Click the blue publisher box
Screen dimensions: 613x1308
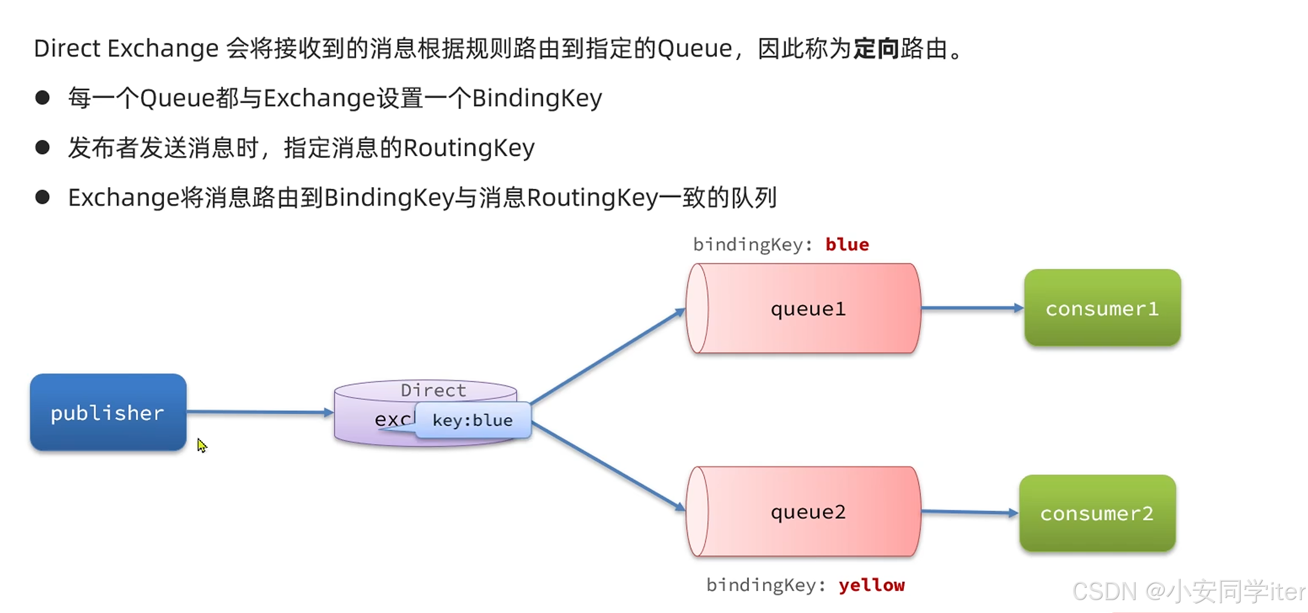pyautogui.click(x=108, y=412)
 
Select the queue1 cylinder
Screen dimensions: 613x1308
pyautogui.click(x=803, y=308)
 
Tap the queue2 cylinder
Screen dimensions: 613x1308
pyautogui.click(x=803, y=511)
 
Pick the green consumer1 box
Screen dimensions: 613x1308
pyautogui.click(x=1102, y=308)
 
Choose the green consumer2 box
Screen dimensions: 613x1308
pyautogui.click(x=1097, y=513)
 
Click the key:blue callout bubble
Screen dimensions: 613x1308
pyautogui.click(x=473, y=420)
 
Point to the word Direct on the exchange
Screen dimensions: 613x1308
pyautogui.click(x=433, y=390)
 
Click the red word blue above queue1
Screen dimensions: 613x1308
pyautogui.click(x=847, y=244)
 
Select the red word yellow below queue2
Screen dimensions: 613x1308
pyautogui.click(x=871, y=585)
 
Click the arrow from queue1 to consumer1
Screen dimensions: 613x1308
pyautogui.click(x=972, y=308)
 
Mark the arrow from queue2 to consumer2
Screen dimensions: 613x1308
pyautogui.click(x=970, y=512)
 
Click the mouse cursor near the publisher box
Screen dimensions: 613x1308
pyautogui.click(x=202, y=445)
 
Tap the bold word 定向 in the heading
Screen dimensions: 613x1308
pyautogui.click(x=876, y=49)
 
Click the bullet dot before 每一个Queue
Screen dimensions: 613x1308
pyautogui.click(x=42, y=98)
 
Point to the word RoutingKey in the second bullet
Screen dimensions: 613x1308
pyautogui.click(x=469, y=148)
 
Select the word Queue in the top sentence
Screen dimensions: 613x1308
pyautogui.click(x=694, y=49)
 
